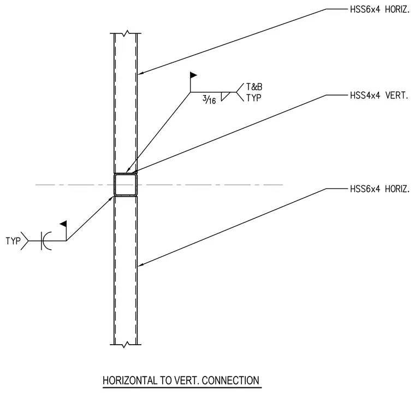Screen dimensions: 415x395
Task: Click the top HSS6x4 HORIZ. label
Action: (x=380, y=9)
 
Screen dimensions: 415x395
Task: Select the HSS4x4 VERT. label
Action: (x=379, y=95)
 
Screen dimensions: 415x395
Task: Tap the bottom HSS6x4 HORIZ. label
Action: (x=380, y=189)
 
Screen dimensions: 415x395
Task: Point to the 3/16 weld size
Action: (x=209, y=99)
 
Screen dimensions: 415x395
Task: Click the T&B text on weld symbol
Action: (x=254, y=87)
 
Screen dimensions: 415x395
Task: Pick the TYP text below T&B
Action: (x=254, y=98)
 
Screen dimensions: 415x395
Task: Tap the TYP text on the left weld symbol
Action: (x=13, y=241)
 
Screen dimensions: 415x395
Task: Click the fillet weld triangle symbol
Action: (x=225, y=96)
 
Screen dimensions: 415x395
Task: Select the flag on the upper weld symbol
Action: (x=193, y=75)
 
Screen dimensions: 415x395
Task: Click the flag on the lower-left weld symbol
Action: (x=63, y=224)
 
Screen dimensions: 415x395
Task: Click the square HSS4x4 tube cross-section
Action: (x=126, y=185)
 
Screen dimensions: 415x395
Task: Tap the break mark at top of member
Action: (x=126, y=33)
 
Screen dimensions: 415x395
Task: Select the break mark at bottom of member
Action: (x=126, y=344)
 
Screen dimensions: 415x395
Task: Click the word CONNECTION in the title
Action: (x=230, y=380)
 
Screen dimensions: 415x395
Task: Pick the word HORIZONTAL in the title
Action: (x=130, y=380)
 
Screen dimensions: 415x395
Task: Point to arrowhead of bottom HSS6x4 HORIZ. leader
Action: (x=140, y=264)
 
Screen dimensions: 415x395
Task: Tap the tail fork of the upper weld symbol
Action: (x=240, y=92)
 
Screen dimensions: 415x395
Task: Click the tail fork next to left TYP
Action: (x=25, y=241)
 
